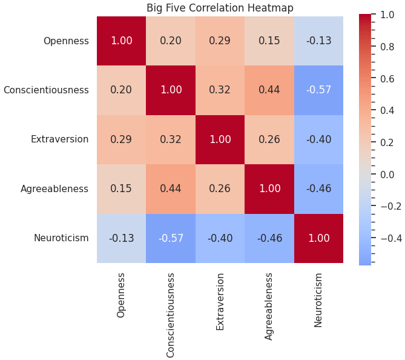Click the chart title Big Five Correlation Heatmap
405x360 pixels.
[220, 8]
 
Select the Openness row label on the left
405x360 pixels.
[66, 41]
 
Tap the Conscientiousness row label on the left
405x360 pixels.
[46, 90]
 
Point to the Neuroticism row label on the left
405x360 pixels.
[61, 238]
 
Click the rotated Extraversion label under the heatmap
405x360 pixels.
[220, 301]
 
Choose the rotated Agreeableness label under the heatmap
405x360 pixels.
[269, 306]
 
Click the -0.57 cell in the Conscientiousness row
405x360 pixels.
[318, 90]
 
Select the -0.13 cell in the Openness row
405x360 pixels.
[318, 41]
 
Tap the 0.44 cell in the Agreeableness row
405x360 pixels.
[171, 189]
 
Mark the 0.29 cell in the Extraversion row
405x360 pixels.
[122, 139]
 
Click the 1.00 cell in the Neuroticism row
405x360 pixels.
[318, 238]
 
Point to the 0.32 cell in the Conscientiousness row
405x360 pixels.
[220, 90]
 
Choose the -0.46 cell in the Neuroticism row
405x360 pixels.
[269, 238]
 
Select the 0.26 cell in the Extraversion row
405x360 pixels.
[269, 139]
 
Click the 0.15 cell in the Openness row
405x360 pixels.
[269, 41]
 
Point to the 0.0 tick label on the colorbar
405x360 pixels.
[387, 175]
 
